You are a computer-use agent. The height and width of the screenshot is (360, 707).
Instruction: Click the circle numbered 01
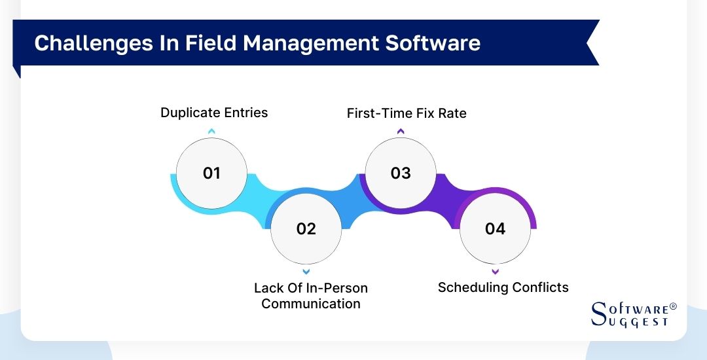click(x=211, y=173)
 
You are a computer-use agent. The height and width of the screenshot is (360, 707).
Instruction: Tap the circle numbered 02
click(x=306, y=228)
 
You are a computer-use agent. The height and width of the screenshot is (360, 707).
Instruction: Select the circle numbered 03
click(x=401, y=173)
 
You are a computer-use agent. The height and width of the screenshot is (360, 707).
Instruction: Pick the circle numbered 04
click(x=495, y=228)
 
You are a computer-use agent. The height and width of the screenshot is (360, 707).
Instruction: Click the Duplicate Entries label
click(x=214, y=113)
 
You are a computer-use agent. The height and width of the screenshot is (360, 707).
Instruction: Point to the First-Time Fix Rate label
click(x=407, y=113)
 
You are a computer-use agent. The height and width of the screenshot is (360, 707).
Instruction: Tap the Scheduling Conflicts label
click(x=503, y=287)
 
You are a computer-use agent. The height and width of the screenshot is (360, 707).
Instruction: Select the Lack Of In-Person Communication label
click(x=311, y=296)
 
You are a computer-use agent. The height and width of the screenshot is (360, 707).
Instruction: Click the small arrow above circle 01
click(x=211, y=132)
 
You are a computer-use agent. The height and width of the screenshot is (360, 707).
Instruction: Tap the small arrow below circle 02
click(x=306, y=271)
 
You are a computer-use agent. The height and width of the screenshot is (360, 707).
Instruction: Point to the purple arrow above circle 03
click(x=401, y=132)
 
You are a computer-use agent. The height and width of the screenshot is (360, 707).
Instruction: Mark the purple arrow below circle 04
click(x=495, y=271)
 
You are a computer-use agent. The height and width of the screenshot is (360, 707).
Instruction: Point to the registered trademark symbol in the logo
click(x=673, y=306)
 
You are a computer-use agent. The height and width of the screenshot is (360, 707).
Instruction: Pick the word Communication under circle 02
click(x=311, y=304)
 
